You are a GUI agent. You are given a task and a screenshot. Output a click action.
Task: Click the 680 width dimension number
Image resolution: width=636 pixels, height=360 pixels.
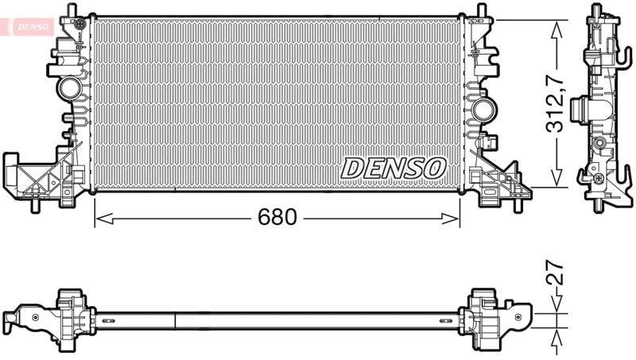pos(277,217)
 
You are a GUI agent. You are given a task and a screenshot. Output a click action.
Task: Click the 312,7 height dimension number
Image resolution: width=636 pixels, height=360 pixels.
pos(555,106)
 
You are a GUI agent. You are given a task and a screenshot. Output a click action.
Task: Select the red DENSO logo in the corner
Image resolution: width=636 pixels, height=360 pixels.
pos(33,27)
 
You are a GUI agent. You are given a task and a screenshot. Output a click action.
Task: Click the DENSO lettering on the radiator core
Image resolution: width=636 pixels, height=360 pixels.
pos(394,168)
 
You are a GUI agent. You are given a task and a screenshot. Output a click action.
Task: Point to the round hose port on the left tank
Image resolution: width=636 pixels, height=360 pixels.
pos(69,89)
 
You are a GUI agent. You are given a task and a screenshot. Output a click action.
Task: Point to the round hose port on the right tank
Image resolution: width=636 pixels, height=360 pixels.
pos(485,109)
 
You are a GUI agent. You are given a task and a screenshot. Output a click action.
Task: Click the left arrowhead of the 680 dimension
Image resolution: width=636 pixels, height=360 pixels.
pos(104,219)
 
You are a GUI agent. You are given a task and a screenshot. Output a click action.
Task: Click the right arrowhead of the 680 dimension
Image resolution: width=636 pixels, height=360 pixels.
pos(450,219)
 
